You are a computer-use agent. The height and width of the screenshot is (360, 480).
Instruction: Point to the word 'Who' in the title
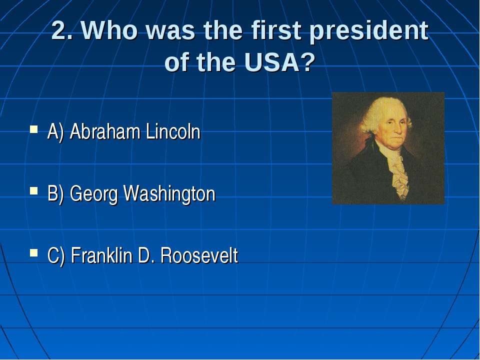(110, 30)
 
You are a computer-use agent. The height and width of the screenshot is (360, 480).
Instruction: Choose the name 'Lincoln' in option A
(173, 131)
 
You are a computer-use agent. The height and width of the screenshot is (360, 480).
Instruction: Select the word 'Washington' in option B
(169, 194)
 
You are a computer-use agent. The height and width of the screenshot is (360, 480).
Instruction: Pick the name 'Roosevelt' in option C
(199, 255)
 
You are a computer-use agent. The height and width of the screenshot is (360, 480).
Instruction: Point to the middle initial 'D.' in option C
(145, 255)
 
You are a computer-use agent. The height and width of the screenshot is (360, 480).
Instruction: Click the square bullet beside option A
(34, 128)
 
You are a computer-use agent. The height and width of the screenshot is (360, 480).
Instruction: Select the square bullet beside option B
(34, 191)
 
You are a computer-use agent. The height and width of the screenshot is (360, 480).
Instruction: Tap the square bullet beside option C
(34, 253)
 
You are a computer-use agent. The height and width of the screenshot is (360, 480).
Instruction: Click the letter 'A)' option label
(55, 132)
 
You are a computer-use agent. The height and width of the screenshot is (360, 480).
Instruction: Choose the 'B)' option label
(55, 194)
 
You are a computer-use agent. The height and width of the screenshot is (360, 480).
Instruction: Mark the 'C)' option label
(56, 256)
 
